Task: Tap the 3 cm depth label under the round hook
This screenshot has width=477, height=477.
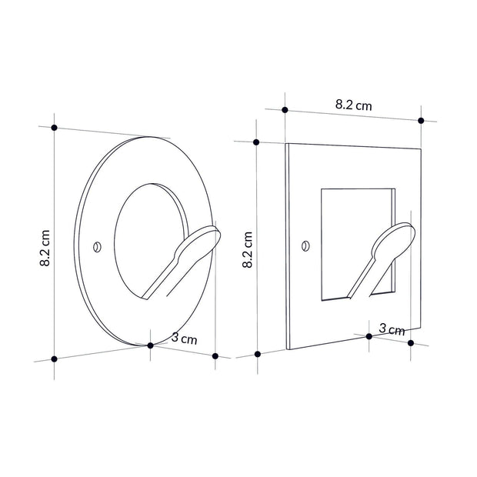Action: (184, 338)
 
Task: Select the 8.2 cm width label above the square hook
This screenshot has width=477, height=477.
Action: (353, 105)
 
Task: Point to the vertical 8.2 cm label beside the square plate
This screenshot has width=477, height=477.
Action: (249, 249)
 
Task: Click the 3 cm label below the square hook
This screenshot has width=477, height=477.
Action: (392, 329)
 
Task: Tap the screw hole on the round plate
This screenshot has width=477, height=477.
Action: (97, 246)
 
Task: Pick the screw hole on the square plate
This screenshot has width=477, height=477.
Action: (305, 245)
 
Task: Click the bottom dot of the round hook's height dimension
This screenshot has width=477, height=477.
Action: (55, 359)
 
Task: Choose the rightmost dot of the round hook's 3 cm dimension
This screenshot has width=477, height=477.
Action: (215, 355)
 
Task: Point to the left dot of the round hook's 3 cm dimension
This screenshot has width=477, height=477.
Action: (151, 345)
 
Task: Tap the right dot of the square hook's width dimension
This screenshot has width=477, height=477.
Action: (421, 121)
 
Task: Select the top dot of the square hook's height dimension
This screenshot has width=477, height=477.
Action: (258, 142)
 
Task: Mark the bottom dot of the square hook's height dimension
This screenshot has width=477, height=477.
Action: (258, 354)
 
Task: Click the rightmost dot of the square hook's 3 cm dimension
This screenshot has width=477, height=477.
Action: (411, 343)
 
